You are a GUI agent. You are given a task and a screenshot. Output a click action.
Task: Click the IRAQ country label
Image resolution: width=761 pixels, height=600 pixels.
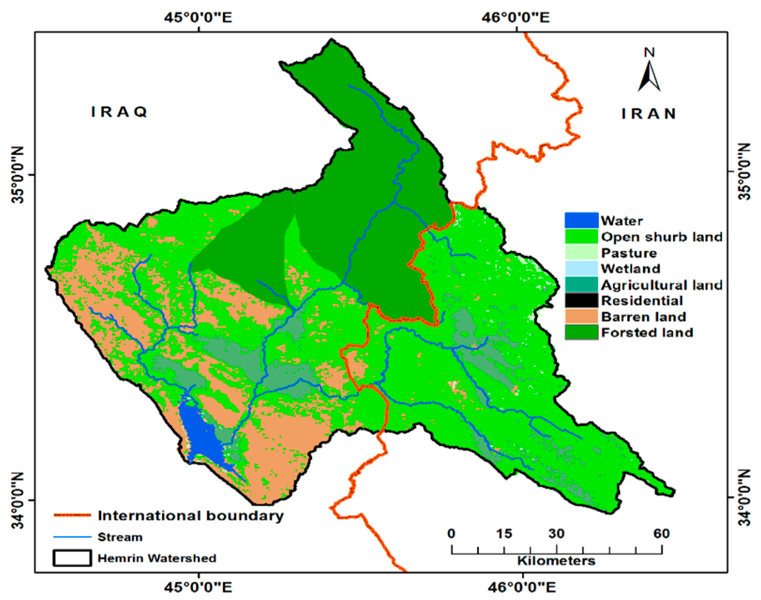[119, 112]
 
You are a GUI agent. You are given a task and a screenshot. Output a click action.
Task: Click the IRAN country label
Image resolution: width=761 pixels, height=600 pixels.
[649, 114]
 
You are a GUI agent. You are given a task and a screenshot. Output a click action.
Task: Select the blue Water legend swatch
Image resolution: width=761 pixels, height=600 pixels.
[581, 220]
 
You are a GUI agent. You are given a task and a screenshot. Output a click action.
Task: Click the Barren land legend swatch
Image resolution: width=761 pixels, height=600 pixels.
[581, 317]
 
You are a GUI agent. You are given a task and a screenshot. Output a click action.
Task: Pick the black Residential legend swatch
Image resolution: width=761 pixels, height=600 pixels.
[581, 300]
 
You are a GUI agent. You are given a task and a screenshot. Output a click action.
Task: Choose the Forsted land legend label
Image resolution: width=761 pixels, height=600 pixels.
[647, 332]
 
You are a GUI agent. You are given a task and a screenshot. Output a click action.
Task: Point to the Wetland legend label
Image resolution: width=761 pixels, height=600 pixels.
[631, 269]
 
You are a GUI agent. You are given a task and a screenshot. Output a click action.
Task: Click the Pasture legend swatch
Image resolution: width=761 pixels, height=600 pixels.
[581, 252]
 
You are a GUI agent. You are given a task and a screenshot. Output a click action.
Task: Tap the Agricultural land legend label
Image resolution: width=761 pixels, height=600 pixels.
[661, 285]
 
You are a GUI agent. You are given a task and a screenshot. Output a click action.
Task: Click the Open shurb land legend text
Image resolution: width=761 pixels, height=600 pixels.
[661, 237]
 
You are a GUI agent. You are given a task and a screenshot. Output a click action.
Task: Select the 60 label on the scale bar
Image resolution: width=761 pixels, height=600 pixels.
[661, 534]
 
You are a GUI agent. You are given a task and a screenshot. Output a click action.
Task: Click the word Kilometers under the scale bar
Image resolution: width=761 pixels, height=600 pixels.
[556, 561]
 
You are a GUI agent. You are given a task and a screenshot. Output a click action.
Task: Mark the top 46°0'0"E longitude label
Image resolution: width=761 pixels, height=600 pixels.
[516, 17]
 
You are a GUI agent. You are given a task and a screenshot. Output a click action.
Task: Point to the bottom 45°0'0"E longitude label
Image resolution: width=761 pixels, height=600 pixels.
[198, 587]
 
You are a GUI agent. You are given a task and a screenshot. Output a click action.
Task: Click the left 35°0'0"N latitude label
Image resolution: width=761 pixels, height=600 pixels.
[18, 175]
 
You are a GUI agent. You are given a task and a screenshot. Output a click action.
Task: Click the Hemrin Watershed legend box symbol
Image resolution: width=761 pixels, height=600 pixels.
[72, 558]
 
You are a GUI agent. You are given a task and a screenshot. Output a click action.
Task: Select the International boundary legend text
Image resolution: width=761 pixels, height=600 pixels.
[190, 515]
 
